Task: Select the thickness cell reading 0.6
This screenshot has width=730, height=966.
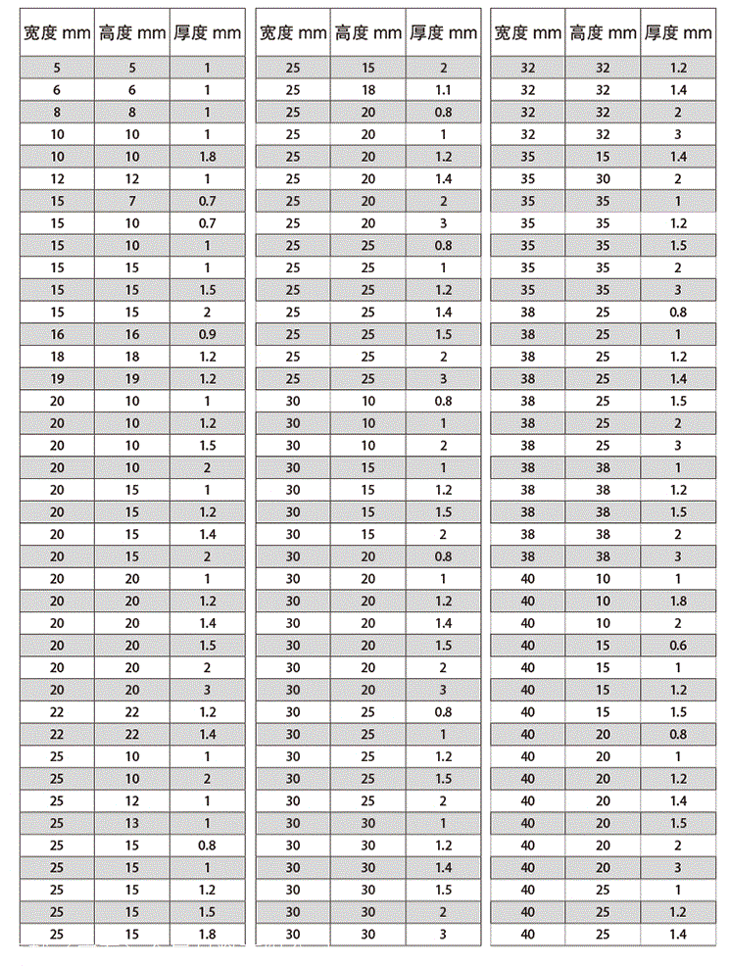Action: click(x=678, y=646)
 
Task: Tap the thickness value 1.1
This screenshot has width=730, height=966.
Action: click(x=443, y=90)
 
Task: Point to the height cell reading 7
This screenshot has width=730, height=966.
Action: click(x=132, y=201)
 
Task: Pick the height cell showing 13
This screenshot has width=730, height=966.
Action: click(x=132, y=823)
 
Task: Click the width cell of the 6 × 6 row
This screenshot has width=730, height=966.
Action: click(x=57, y=90)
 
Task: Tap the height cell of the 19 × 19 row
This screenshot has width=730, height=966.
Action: click(x=132, y=379)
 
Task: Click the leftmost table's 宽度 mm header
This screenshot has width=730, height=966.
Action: click(x=57, y=33)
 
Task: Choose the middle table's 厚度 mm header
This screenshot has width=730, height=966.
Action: click(x=443, y=33)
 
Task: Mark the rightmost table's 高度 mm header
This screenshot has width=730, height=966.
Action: click(x=603, y=33)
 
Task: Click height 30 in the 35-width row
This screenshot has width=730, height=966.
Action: click(x=603, y=179)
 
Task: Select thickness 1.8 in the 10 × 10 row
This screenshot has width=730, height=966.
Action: click(x=207, y=157)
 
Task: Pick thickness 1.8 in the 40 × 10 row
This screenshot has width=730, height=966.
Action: click(x=678, y=601)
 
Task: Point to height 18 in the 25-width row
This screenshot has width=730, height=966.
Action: click(x=367, y=90)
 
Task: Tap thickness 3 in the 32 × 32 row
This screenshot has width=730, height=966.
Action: click(x=678, y=134)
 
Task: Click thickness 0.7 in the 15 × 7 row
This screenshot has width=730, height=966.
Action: click(x=207, y=201)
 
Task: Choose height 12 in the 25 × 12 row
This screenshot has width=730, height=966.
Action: click(x=132, y=800)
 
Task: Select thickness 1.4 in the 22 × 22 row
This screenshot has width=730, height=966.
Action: click(x=207, y=734)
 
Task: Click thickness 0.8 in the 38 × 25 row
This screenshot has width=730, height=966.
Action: click(x=678, y=313)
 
